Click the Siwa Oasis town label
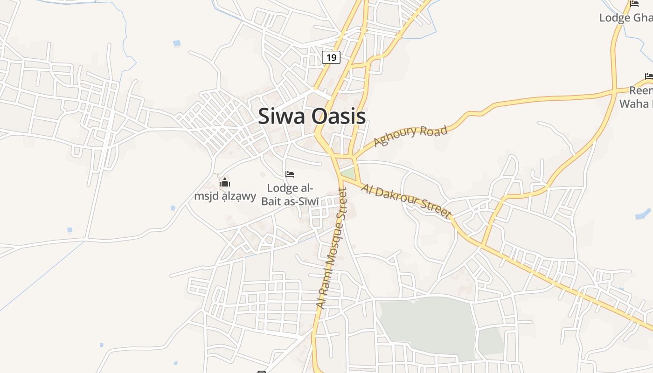pos(312,116)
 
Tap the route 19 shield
pos(331,58)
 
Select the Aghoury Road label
pos(411,135)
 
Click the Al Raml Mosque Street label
pos(332,247)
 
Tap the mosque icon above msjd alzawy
pos(225,182)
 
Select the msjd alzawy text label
pos(225,196)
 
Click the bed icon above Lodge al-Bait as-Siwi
pos(290,174)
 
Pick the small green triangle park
pos(348,174)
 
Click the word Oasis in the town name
pos(339,116)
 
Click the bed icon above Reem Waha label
pos(649,76)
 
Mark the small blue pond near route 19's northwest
pos(177,43)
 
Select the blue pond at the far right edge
pos(643,214)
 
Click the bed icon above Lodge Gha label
pos(634,4)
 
